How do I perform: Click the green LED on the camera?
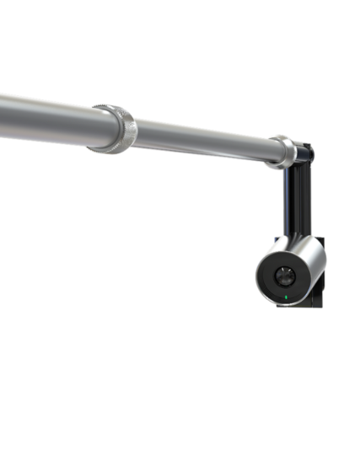tap(287, 297)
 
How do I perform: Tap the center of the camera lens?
tap(287, 275)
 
